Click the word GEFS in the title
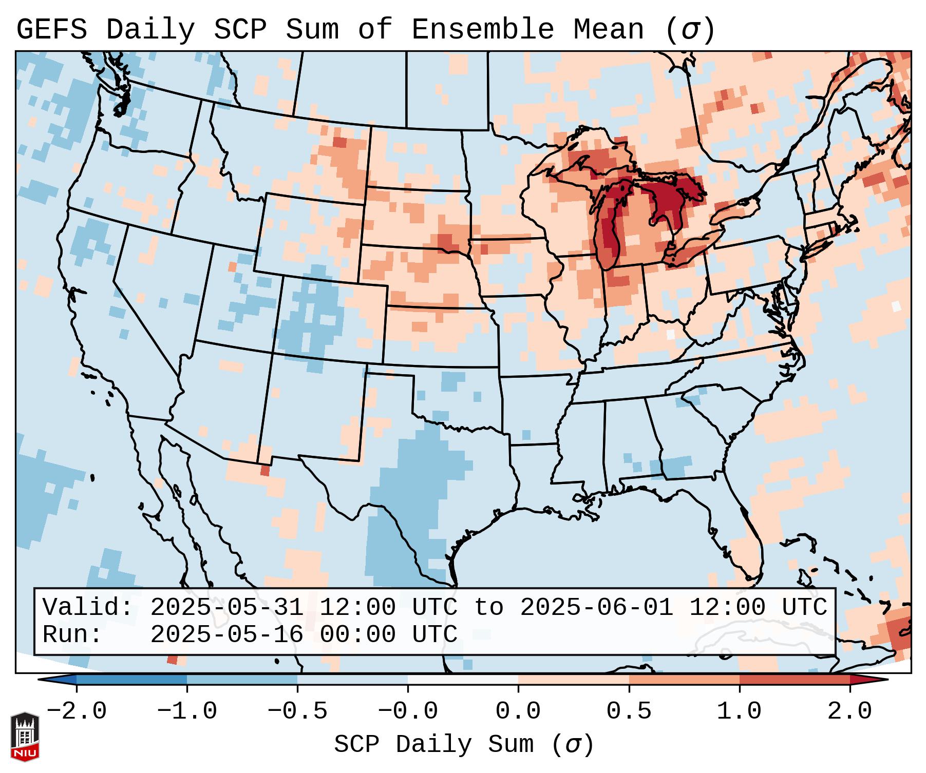coord(51,30)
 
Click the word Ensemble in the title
coord(482,30)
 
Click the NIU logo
coord(25,737)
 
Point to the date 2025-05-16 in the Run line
coord(226,635)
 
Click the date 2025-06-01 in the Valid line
coord(596,608)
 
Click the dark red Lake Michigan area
coord(610,231)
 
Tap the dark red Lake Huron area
coord(668,198)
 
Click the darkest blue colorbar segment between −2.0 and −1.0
coord(131,680)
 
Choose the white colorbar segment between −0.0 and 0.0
coord(463,680)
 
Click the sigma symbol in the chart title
coord(690,30)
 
